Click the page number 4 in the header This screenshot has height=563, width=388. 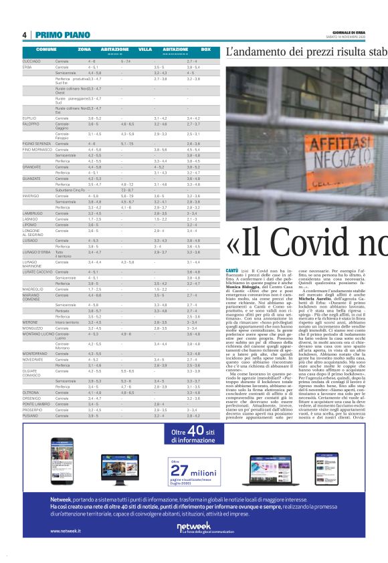tap(24, 35)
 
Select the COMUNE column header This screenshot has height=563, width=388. tap(46, 49)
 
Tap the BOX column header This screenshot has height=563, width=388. tap(205, 49)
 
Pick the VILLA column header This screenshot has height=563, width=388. tap(145, 49)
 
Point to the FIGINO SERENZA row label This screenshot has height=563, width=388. tap(37, 144)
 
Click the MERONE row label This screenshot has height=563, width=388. tap(31, 322)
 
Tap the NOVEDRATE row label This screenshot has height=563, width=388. tap(35, 359)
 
